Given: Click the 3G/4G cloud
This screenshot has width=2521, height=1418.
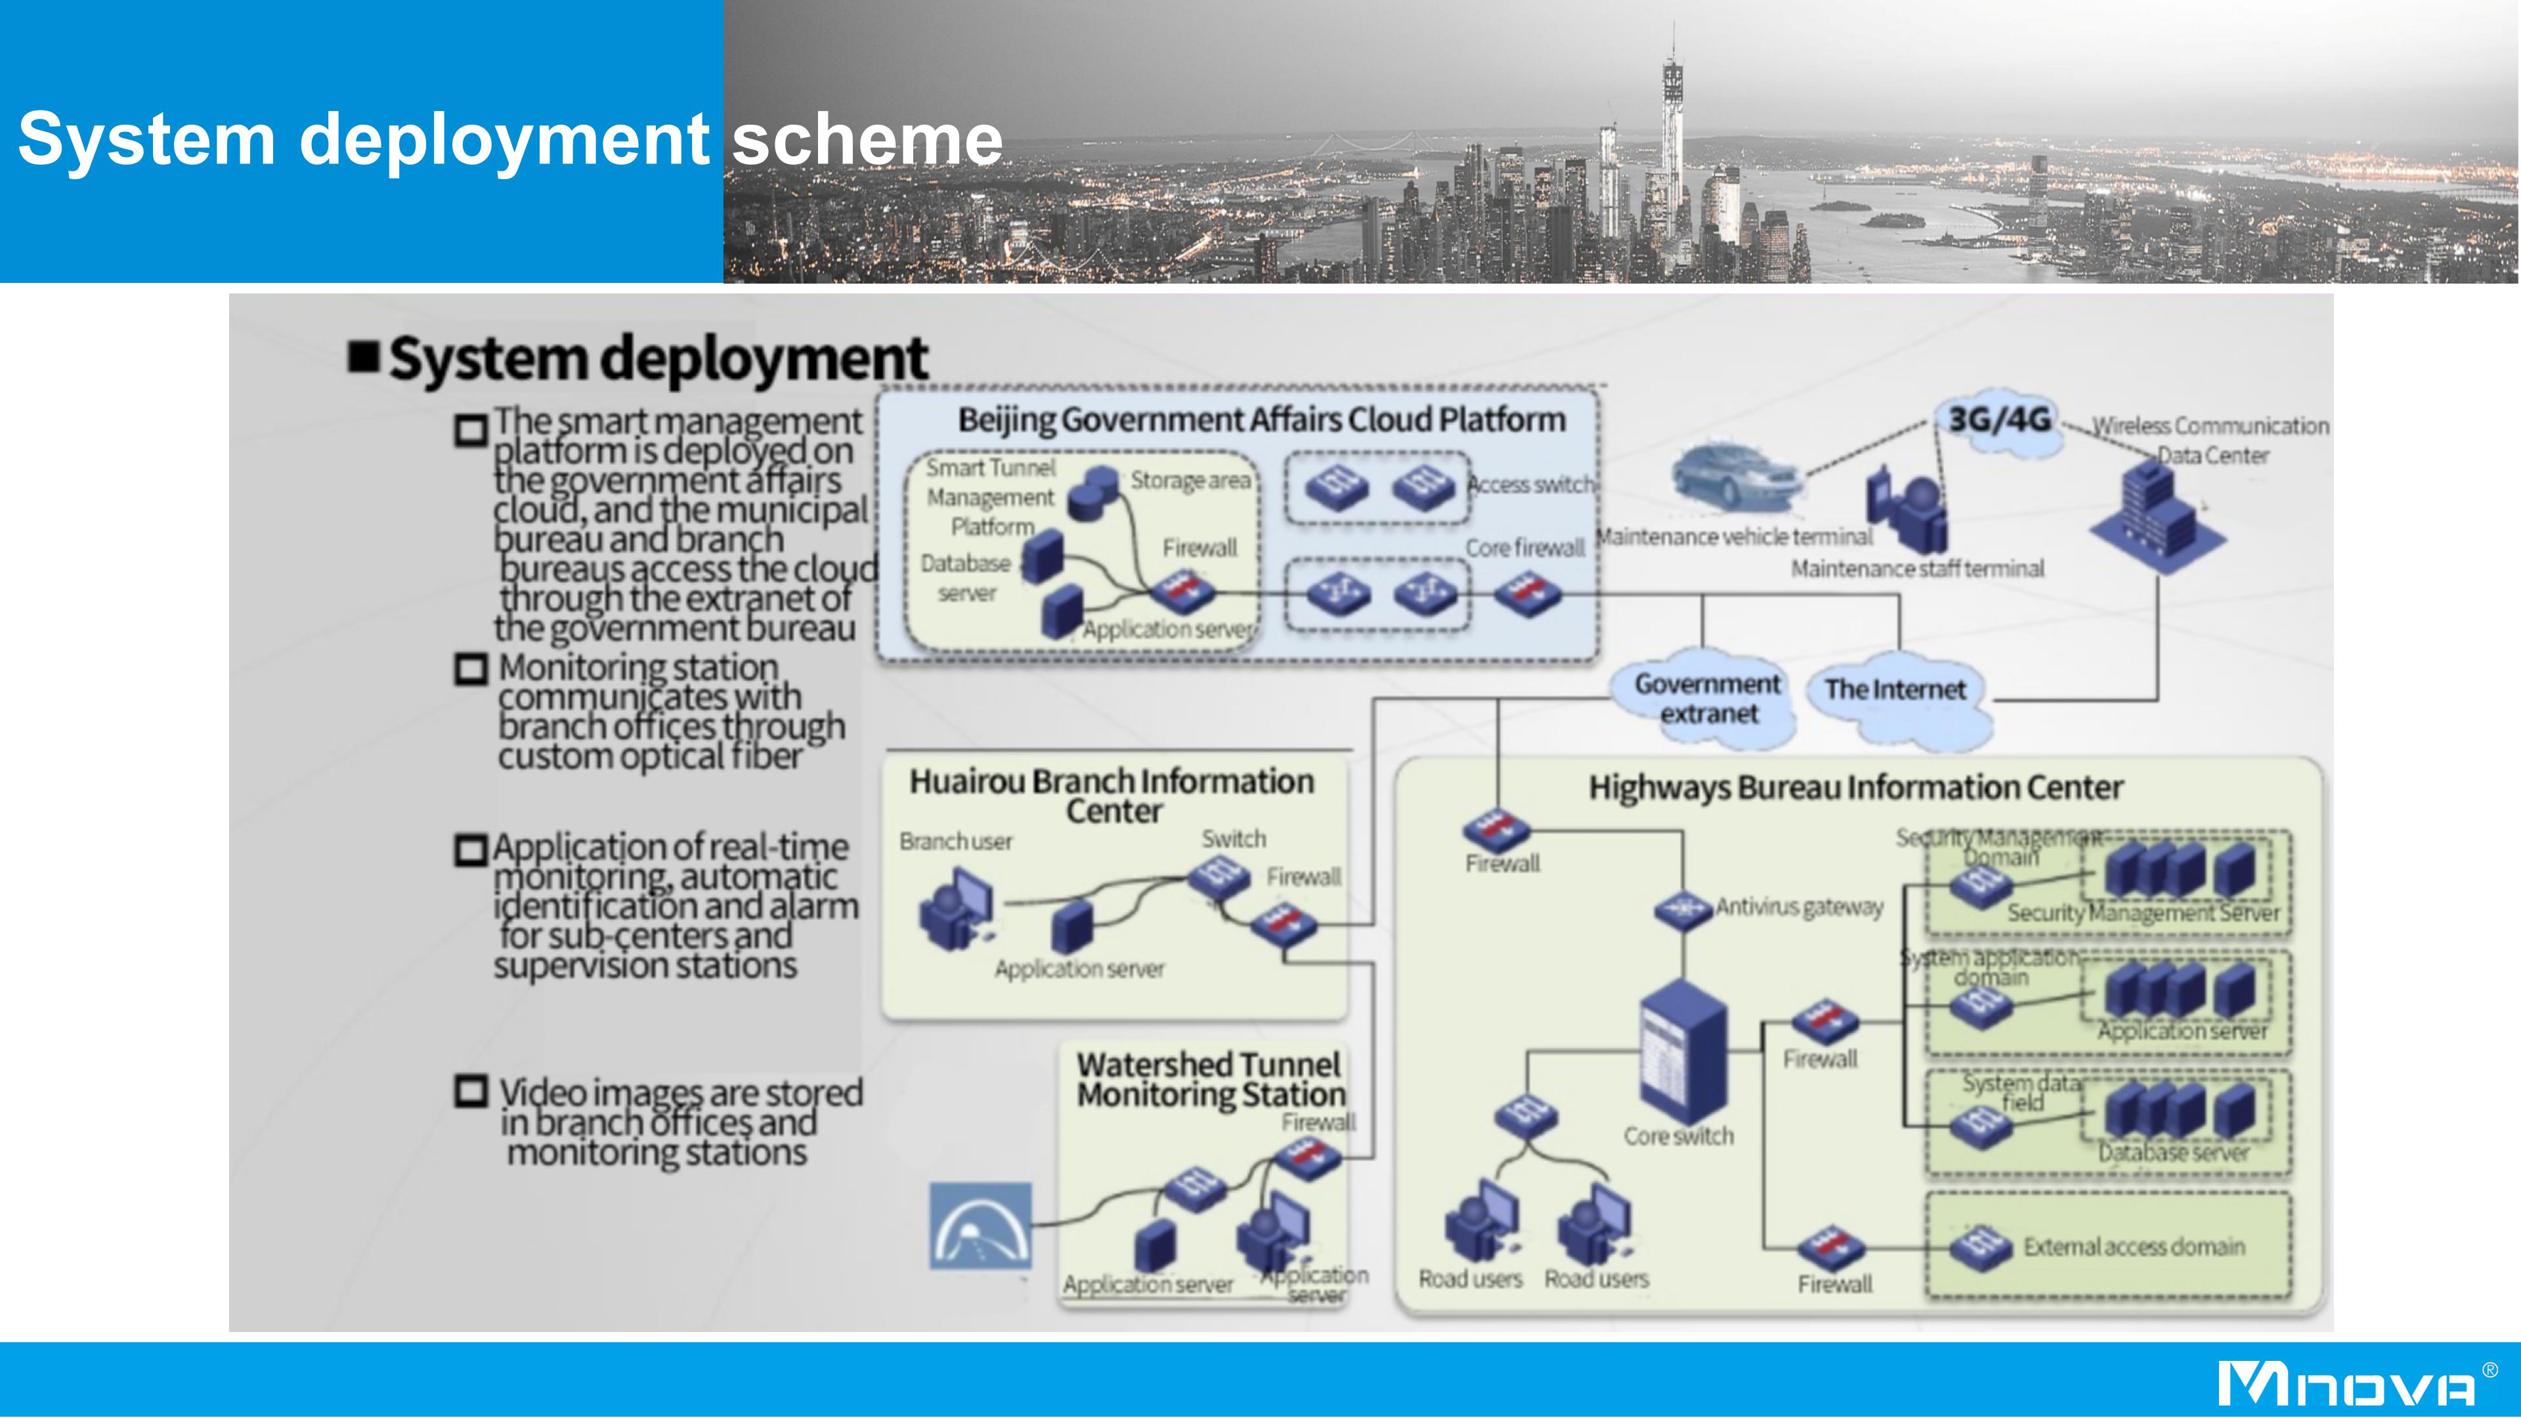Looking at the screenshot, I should [1998, 421].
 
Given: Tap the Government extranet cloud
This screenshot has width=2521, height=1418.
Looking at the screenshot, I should [1707, 698].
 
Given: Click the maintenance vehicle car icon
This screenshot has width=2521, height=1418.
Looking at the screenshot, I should [1734, 477].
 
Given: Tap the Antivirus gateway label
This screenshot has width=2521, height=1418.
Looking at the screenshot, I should [1799, 908].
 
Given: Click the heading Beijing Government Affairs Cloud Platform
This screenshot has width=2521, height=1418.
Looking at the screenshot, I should [1260, 420].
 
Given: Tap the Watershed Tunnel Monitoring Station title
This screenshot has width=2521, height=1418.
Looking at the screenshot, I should [1211, 1079].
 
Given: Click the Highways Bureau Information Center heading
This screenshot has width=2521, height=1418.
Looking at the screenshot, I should [1855, 788].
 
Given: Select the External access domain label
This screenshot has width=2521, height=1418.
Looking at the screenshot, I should [2134, 1247].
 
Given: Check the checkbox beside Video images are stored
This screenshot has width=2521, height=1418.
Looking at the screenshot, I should [471, 1091].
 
